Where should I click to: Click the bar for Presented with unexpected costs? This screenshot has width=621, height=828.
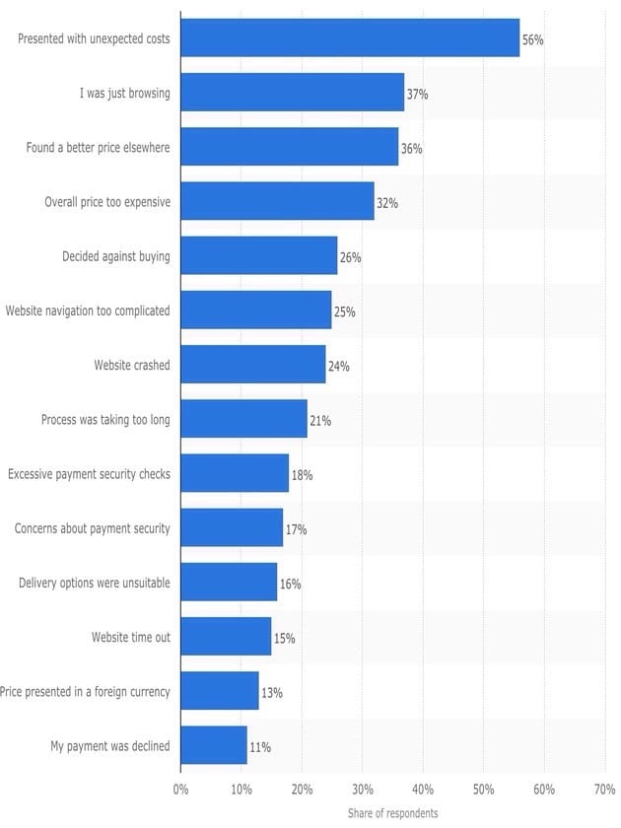(350, 38)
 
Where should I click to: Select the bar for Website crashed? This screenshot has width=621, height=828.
(253, 365)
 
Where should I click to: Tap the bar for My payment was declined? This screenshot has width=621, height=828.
(214, 745)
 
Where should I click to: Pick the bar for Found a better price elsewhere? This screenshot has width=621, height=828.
(290, 147)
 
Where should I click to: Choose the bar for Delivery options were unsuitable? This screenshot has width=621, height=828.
(229, 583)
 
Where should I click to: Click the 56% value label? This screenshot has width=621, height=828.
(533, 40)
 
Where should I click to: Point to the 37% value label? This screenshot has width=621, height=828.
(418, 95)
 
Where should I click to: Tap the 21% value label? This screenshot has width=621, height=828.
(320, 421)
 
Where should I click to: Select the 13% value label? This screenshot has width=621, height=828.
(272, 693)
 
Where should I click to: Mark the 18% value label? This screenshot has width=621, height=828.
(303, 475)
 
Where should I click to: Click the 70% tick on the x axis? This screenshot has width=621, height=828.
(604, 790)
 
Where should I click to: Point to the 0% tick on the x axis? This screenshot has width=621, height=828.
(180, 790)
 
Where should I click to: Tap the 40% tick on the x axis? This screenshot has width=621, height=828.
(423, 790)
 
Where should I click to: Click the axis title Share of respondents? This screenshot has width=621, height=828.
(392, 813)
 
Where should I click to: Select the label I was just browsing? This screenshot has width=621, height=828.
(125, 94)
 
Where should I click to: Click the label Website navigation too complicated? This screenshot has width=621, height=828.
(88, 310)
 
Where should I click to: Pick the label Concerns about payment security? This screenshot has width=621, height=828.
(93, 528)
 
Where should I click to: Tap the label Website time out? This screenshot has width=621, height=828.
(131, 637)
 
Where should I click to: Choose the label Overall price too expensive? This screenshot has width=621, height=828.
(107, 202)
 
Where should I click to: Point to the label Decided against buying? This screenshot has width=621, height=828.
(116, 256)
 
